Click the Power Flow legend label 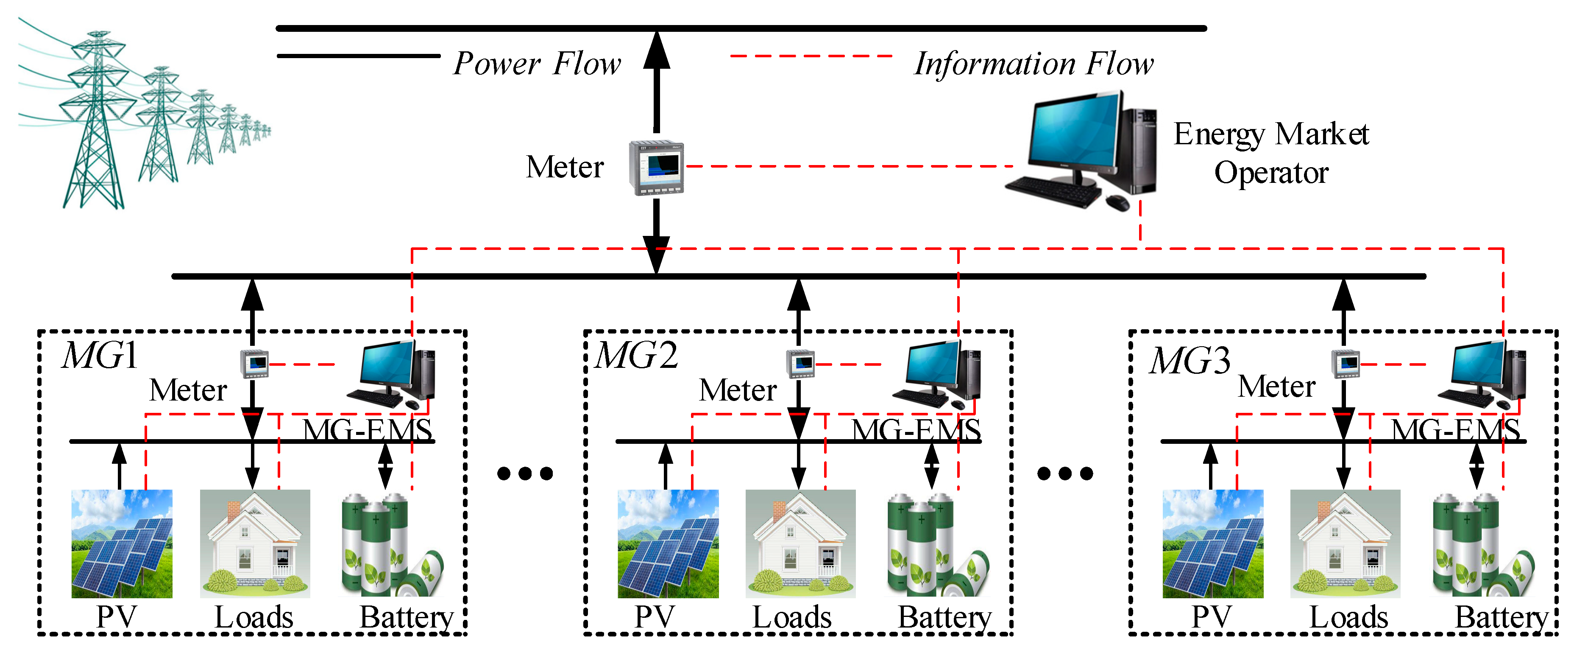click(537, 64)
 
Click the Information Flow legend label click(1033, 64)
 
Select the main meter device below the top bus click(656, 168)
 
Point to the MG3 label click(1190, 360)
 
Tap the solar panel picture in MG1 click(122, 544)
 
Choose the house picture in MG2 click(800, 544)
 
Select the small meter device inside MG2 click(800, 363)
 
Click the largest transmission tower click(97, 122)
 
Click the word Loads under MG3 click(1348, 617)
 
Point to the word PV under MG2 click(655, 617)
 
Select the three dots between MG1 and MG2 click(525, 473)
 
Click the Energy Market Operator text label click(1271, 153)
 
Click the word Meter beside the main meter click(565, 167)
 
